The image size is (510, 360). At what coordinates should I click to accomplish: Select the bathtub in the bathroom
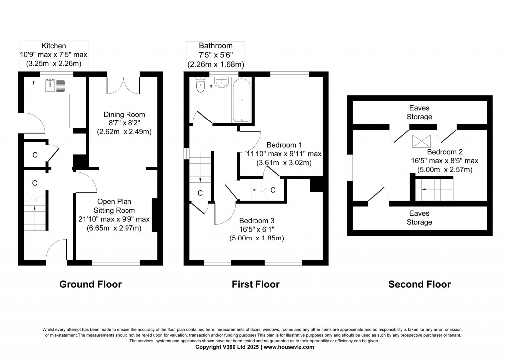pyautogui.click(x=242, y=101)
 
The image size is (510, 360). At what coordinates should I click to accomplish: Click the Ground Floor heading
pyautogui.click(x=90, y=284)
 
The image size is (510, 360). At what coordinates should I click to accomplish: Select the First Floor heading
pyautogui.click(x=255, y=284)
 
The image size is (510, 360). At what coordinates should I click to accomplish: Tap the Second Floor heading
pyautogui.click(x=419, y=284)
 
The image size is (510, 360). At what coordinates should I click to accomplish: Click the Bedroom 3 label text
pyautogui.click(x=256, y=220)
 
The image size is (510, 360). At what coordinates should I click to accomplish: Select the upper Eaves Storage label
pyautogui.click(x=419, y=112)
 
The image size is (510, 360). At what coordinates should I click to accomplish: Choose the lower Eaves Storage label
pyautogui.click(x=419, y=218)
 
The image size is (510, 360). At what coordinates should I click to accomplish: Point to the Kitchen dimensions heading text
pyautogui.click(x=54, y=54)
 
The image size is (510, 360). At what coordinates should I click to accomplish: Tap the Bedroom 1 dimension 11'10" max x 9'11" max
pyautogui.click(x=284, y=154)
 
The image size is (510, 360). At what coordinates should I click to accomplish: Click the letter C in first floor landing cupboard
pyautogui.click(x=200, y=193)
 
